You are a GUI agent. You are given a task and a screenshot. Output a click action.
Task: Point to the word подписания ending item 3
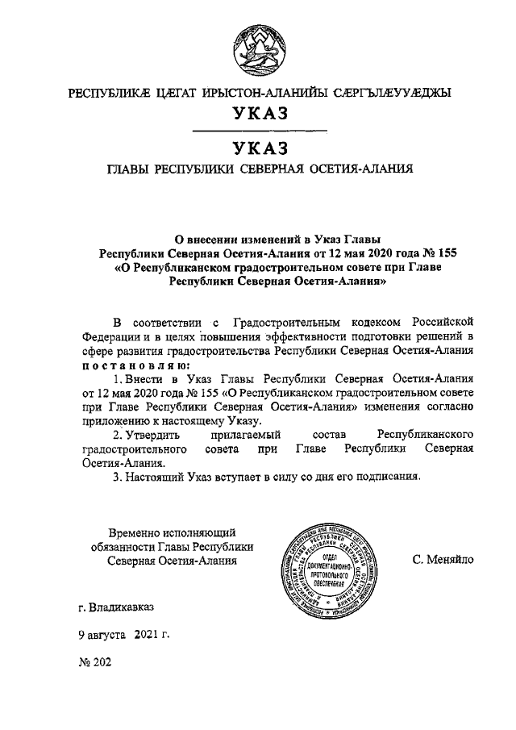point(385,477)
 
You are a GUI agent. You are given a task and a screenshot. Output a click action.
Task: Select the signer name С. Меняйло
point(443,559)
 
